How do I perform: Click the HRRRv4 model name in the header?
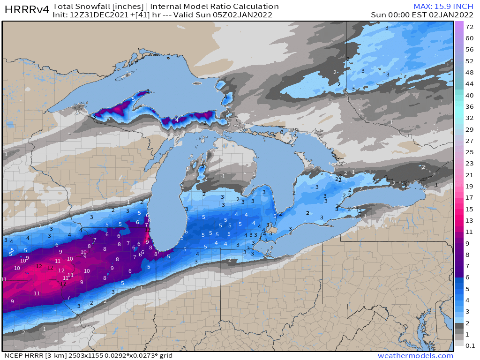[x=26, y=10]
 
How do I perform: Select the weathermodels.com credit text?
[x=415, y=356]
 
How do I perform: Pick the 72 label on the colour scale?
[x=469, y=27]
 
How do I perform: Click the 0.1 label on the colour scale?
[x=469, y=345]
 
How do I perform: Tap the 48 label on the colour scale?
[x=469, y=73]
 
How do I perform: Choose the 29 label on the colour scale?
[x=469, y=129]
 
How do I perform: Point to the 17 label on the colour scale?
[x=469, y=198]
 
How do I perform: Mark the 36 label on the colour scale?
[x=469, y=106]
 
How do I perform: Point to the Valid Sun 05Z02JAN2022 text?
[x=230, y=15]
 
